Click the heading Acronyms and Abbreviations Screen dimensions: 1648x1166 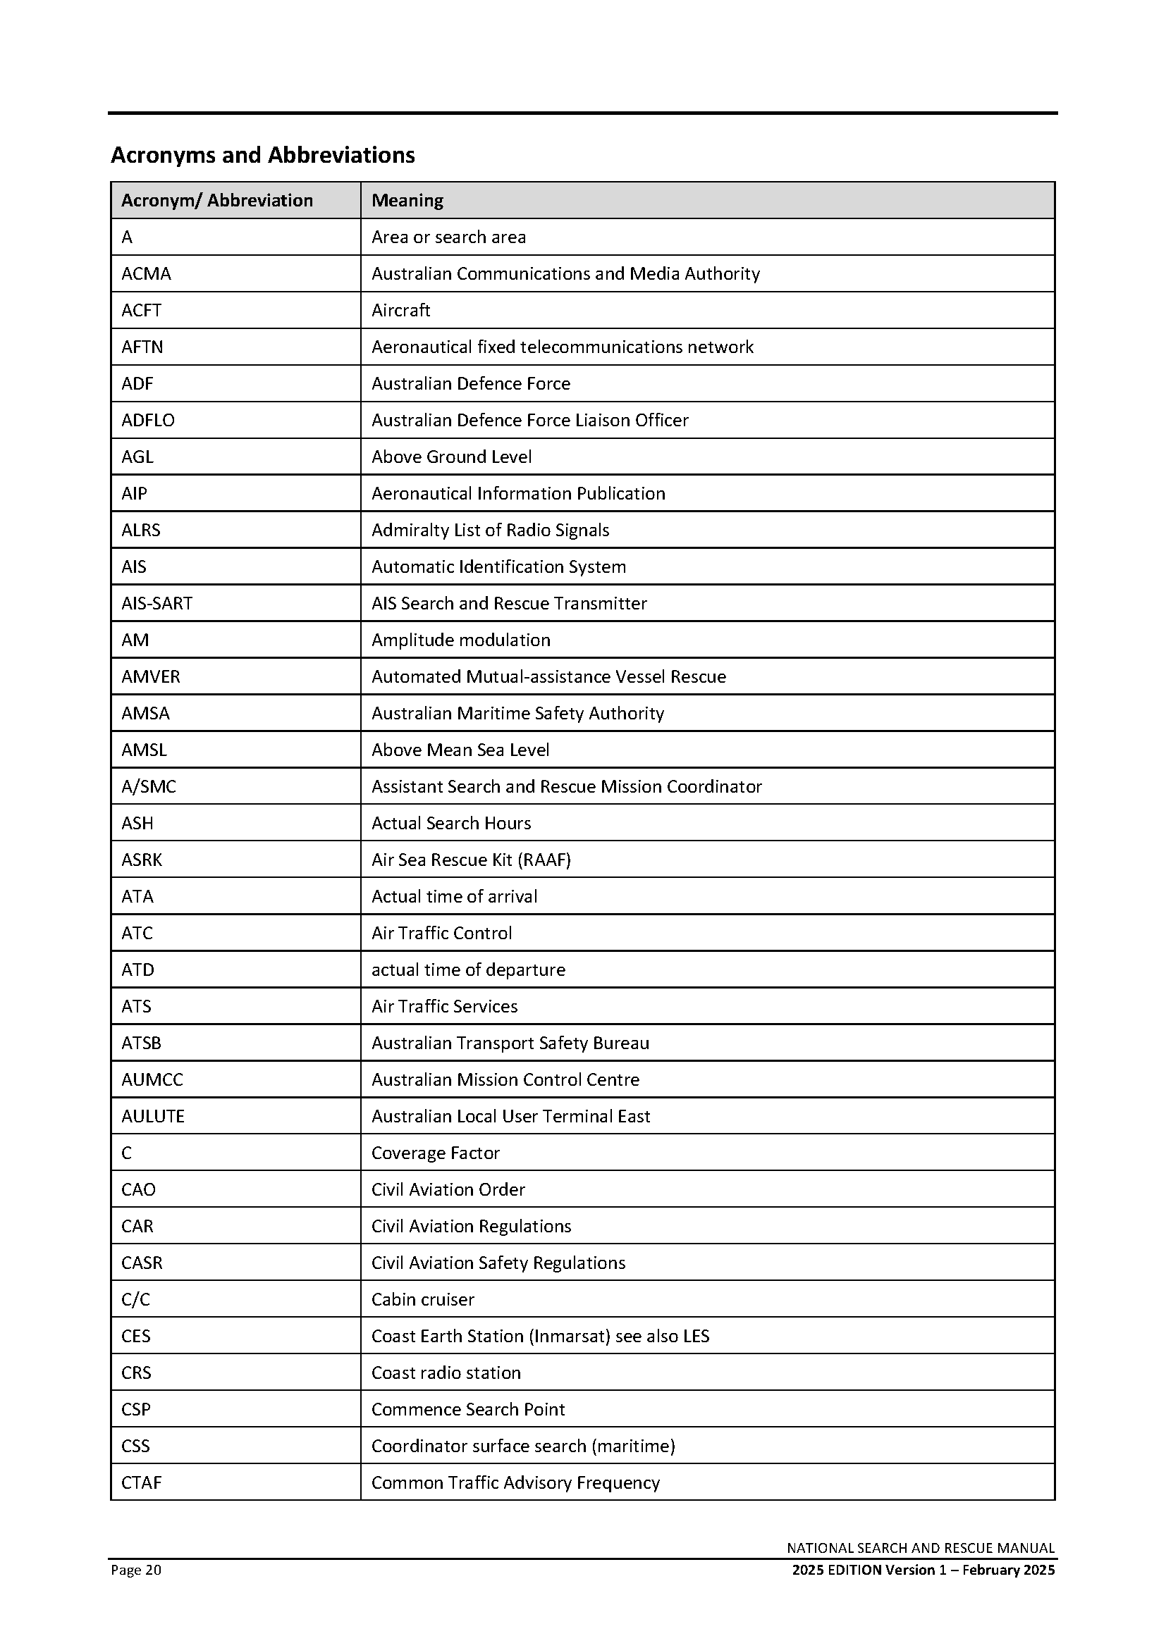click(x=263, y=155)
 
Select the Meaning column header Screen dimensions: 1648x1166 click(x=407, y=200)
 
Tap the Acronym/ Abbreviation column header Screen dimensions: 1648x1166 click(x=217, y=200)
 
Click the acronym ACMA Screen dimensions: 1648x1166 click(x=147, y=273)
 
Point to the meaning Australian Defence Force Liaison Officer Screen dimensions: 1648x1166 click(x=529, y=420)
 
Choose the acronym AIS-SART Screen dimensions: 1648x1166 click(x=157, y=603)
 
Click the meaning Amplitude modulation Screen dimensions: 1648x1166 click(x=460, y=640)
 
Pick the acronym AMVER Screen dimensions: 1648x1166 click(x=151, y=676)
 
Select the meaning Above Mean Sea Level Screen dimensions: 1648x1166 click(x=460, y=750)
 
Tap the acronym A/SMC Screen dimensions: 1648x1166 click(x=149, y=786)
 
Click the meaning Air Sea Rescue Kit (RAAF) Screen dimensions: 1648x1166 click(x=470, y=859)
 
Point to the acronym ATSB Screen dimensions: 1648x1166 click(x=142, y=1042)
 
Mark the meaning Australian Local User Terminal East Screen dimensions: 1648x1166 click(x=510, y=1115)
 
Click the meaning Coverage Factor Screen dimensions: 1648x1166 click(x=435, y=1152)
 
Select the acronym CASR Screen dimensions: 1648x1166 click(x=142, y=1262)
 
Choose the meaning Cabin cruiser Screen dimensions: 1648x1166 click(x=422, y=1299)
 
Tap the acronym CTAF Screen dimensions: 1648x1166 click(x=142, y=1482)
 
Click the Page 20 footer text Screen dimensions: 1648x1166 click(x=135, y=1569)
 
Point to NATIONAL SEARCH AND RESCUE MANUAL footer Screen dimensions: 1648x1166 click(x=921, y=1547)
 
